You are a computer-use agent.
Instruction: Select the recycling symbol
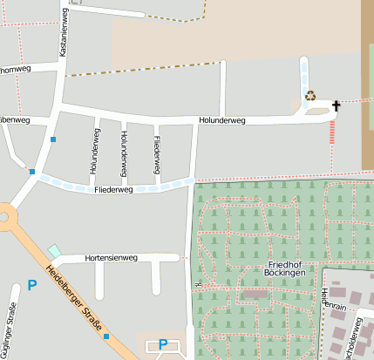click(309, 96)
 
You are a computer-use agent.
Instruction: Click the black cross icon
click(336, 105)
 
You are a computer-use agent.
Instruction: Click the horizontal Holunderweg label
click(222, 121)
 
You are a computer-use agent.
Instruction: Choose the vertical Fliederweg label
click(156, 152)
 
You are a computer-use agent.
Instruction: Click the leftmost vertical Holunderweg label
click(94, 152)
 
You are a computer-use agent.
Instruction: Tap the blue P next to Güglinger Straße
click(32, 285)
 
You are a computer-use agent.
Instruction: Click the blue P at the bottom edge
click(162, 344)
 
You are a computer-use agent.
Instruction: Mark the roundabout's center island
click(3, 214)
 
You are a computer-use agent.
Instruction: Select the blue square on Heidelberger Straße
click(106, 336)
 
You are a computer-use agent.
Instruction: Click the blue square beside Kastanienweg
click(53, 139)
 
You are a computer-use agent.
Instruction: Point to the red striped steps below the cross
click(332, 132)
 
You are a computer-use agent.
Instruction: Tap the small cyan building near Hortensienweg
click(54, 251)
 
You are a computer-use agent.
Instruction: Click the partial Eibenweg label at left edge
click(14, 119)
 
